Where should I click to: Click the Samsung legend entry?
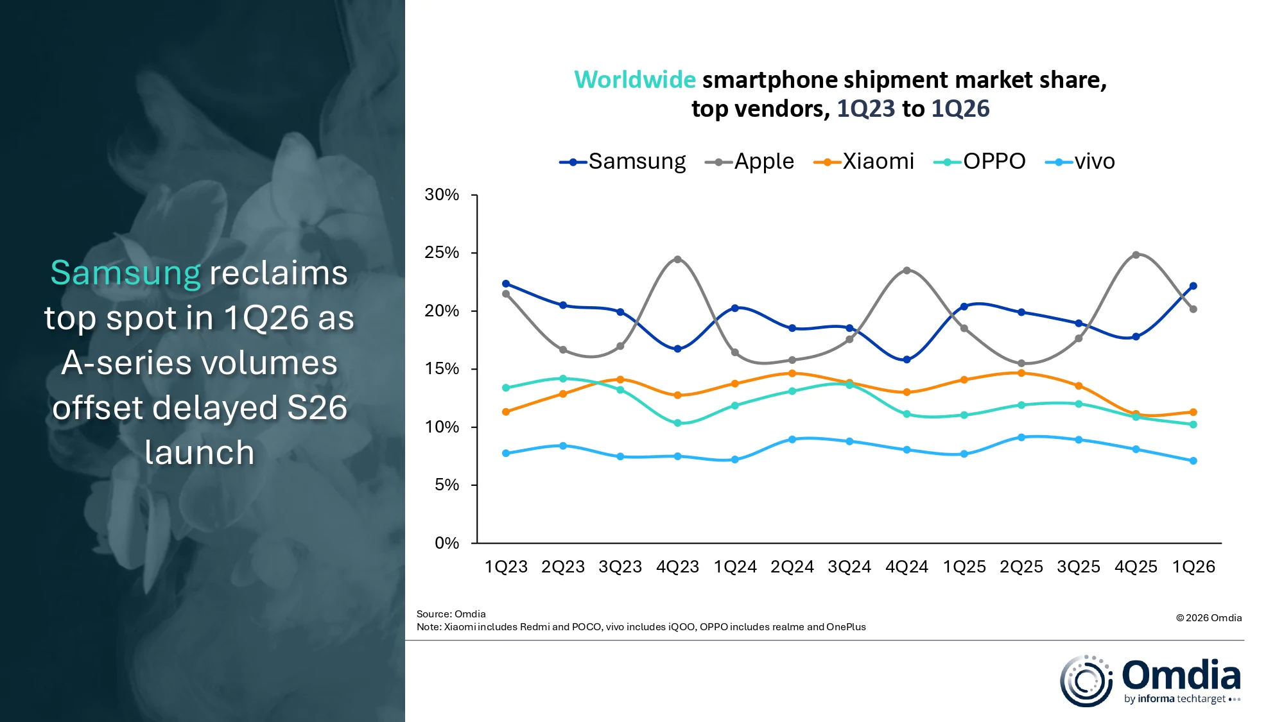623,162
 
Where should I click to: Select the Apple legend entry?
750,162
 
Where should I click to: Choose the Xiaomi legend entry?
864,162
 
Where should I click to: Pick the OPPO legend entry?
980,162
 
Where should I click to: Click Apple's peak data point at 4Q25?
1136,255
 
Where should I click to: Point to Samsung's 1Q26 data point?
1193,286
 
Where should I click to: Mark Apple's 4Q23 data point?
677,259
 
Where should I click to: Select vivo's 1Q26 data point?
1193,461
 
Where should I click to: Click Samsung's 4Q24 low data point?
907,360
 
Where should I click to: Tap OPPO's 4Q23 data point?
677,423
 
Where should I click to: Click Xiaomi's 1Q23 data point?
506,412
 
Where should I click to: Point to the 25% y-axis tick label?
442,253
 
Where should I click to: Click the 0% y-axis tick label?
447,544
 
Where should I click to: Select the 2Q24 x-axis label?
792,567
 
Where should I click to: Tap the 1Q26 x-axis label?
1193,567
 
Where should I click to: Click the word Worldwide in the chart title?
634,80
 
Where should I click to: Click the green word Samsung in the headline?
126,273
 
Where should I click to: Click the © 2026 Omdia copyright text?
1208,618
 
